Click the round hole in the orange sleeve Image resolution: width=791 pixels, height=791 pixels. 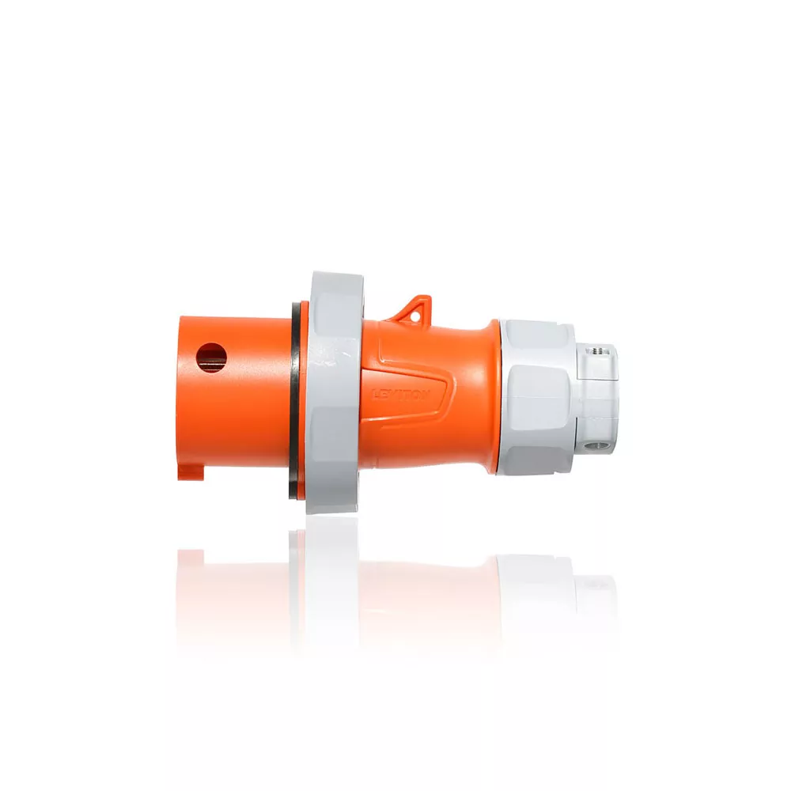[x=212, y=358]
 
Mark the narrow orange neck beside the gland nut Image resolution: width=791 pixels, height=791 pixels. [x=487, y=395]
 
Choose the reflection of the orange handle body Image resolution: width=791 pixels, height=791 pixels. [x=427, y=585]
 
